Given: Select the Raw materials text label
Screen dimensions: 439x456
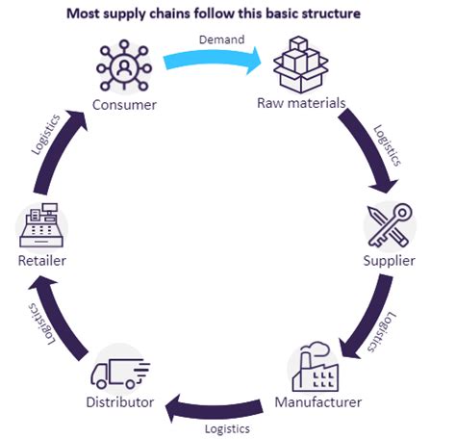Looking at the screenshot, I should [300, 103].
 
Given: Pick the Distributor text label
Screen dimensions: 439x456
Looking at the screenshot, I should [121, 401].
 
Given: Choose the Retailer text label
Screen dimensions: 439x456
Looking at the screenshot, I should [41, 261].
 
